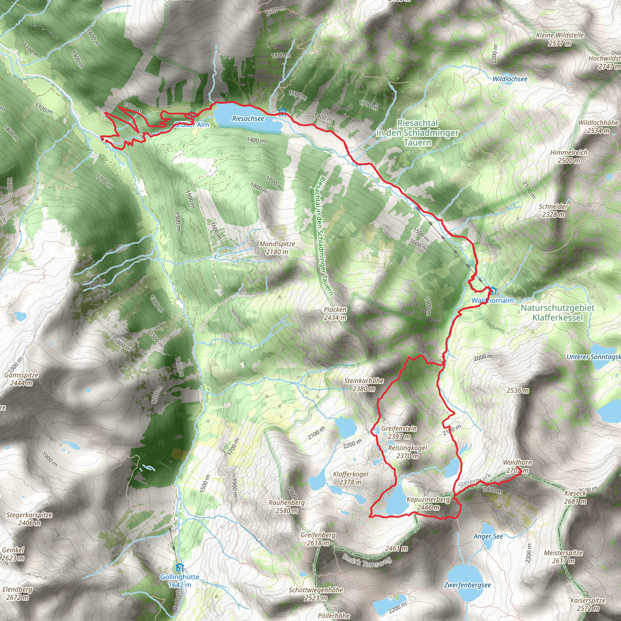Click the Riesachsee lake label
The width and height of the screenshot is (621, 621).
coord(248,119)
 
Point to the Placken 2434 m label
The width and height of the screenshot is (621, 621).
coord(335,314)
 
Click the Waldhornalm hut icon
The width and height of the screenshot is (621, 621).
coord(493,291)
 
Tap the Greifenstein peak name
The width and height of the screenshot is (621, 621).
coord(399,428)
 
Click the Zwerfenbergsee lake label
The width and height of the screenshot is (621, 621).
coord(467,585)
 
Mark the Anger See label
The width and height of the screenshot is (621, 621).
coord(488,536)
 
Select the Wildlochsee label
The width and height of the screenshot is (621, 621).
coord(510,79)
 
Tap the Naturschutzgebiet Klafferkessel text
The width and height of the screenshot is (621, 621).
coord(557,312)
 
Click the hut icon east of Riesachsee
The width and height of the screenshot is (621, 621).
coord(283,112)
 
